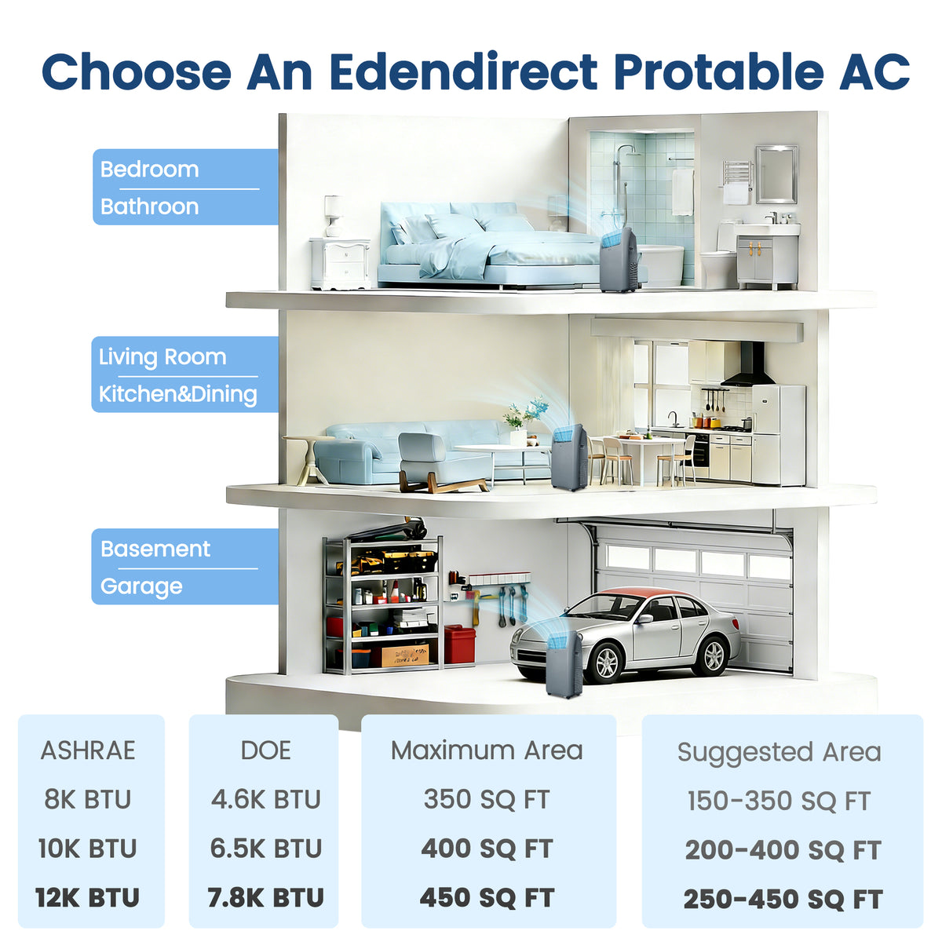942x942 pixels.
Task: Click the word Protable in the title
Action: coord(718,71)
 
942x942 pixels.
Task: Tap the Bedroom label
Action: coord(150,169)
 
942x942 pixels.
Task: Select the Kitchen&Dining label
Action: coord(178,394)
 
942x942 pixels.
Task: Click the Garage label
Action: coord(141,586)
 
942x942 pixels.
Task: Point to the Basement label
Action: coord(155,549)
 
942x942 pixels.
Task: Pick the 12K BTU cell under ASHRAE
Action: coord(88,897)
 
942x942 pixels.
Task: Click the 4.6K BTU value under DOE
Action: coord(266,800)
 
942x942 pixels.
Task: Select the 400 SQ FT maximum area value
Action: coord(487,849)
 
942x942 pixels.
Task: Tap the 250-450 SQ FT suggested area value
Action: coord(783,900)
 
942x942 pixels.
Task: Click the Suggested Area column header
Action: coord(780,753)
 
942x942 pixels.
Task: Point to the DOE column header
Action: coord(266,750)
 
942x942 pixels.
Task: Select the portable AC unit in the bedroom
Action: coord(619,260)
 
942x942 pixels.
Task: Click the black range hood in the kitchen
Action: coord(748,365)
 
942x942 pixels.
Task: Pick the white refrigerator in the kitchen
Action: coord(779,435)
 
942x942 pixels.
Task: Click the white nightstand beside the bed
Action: coord(340,264)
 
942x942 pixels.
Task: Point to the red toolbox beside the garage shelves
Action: coord(459,644)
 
